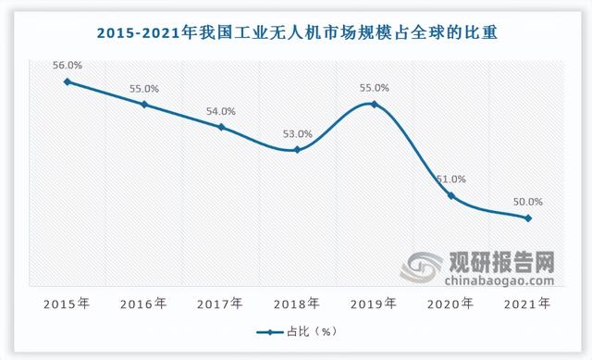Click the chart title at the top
click(296, 33)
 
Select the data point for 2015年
click(68, 81)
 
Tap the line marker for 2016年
click(144, 105)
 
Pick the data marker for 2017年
click(221, 127)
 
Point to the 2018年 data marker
click(297, 150)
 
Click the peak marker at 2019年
click(374, 105)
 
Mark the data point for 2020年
click(450, 195)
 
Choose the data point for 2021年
click(527, 218)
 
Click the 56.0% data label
click(68, 66)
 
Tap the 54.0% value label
click(221, 111)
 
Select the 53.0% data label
click(297, 134)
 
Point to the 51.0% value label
click(450, 180)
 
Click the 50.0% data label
click(527, 202)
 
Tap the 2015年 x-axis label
click(68, 303)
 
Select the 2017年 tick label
click(221, 303)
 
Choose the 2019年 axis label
click(374, 303)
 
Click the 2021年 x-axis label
click(527, 303)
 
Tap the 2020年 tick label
click(450, 303)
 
